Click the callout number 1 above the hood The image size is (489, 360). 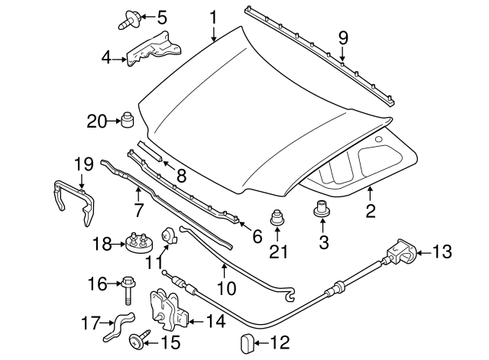tap(213, 16)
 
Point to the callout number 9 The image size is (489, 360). tap(343, 36)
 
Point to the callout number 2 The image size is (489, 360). tap(370, 212)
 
